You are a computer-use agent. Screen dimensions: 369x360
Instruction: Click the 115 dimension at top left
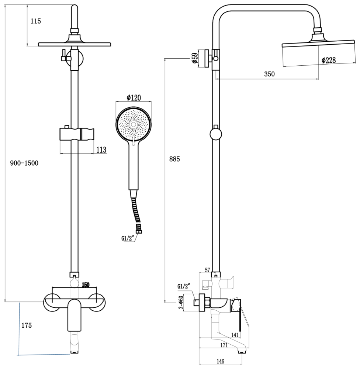(36, 21)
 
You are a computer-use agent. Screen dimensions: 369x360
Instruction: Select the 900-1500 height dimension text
(24, 163)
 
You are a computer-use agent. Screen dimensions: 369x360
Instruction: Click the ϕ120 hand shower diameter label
(134, 98)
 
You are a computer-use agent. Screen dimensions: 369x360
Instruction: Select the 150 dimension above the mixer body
(85, 284)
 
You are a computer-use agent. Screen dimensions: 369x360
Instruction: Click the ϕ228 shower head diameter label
(328, 61)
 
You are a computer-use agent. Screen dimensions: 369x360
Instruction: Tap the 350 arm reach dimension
(269, 74)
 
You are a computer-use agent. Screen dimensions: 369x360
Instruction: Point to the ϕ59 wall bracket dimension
(195, 58)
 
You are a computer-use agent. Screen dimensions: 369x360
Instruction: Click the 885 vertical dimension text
(174, 159)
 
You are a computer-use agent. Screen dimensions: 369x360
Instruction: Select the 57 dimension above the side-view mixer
(207, 271)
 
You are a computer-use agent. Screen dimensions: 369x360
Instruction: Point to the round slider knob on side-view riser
(216, 134)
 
